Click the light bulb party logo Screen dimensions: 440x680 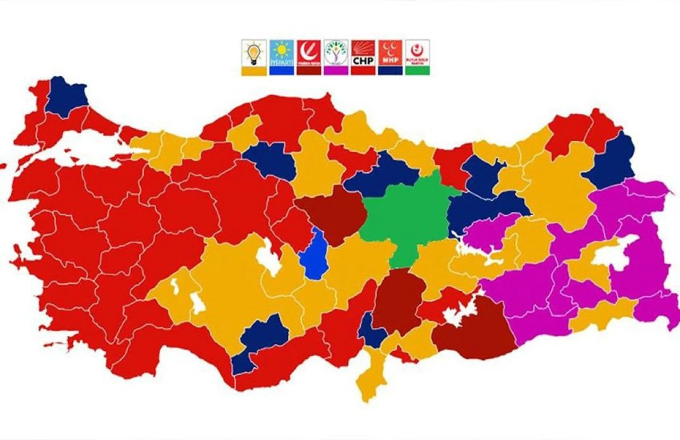(x=254, y=53)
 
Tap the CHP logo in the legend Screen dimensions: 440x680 (x=363, y=53)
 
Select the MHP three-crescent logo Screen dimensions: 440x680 (x=390, y=53)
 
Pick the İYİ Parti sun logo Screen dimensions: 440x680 (x=281, y=53)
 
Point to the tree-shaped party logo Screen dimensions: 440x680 (x=336, y=53)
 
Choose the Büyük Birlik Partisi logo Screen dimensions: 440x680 (x=418, y=53)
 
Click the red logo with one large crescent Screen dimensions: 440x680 (x=309, y=53)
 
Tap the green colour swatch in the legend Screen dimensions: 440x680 (x=418, y=71)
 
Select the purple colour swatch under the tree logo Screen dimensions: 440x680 (x=336, y=71)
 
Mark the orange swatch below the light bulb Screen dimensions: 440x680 (x=254, y=71)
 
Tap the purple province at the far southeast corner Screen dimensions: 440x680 (x=659, y=308)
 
